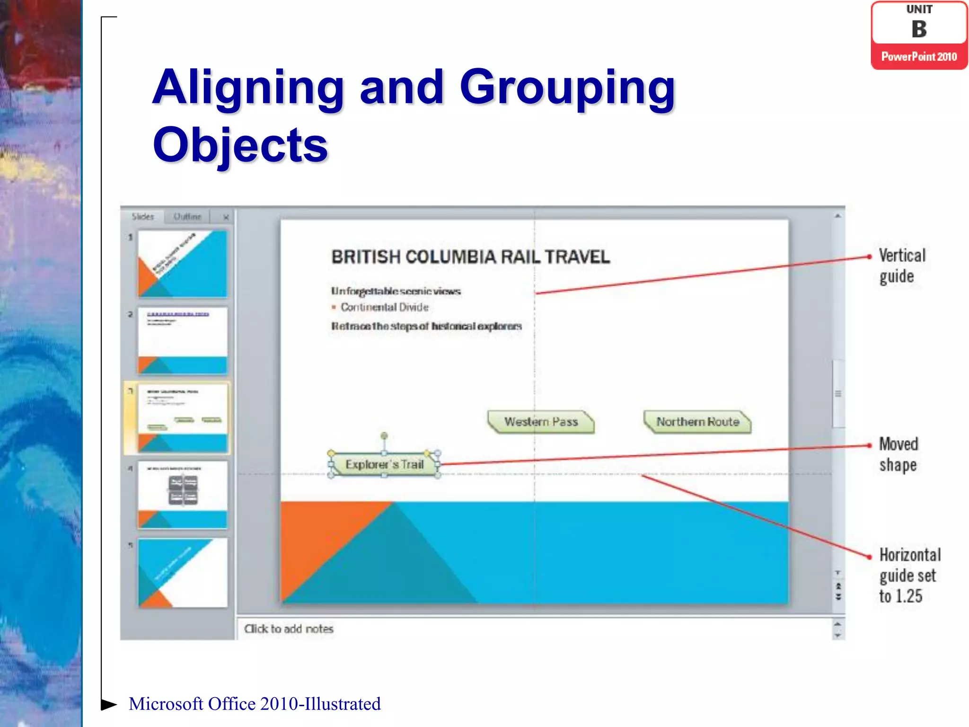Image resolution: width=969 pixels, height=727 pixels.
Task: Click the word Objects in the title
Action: [x=240, y=145]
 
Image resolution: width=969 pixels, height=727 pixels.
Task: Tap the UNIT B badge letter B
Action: [x=919, y=29]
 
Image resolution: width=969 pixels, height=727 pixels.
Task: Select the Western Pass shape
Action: [x=541, y=422]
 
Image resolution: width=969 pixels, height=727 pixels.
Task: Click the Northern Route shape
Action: [x=697, y=422]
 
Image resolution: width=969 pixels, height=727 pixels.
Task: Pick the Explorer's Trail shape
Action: [x=384, y=464]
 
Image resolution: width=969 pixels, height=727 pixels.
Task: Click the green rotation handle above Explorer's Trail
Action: [x=384, y=435]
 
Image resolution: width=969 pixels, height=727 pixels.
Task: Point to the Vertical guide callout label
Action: [x=902, y=266]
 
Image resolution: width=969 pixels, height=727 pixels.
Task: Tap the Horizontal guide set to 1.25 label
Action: [x=909, y=575]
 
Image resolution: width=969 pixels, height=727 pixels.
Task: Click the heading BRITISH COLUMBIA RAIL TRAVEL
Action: [x=470, y=257]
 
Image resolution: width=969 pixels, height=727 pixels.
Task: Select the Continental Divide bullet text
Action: [x=384, y=307]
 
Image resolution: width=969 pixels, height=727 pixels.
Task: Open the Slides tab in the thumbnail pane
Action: [x=143, y=217]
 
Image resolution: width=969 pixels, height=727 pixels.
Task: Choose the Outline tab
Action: [x=187, y=217]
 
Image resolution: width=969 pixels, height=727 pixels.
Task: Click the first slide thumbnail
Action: [x=183, y=264]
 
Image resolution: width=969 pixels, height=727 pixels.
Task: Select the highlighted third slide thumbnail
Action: [x=183, y=418]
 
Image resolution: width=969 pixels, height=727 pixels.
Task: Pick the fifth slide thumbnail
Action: [x=183, y=573]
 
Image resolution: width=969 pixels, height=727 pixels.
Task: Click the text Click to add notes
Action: [x=289, y=629]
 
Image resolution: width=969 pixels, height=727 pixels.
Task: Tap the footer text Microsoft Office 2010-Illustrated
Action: [x=255, y=704]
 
